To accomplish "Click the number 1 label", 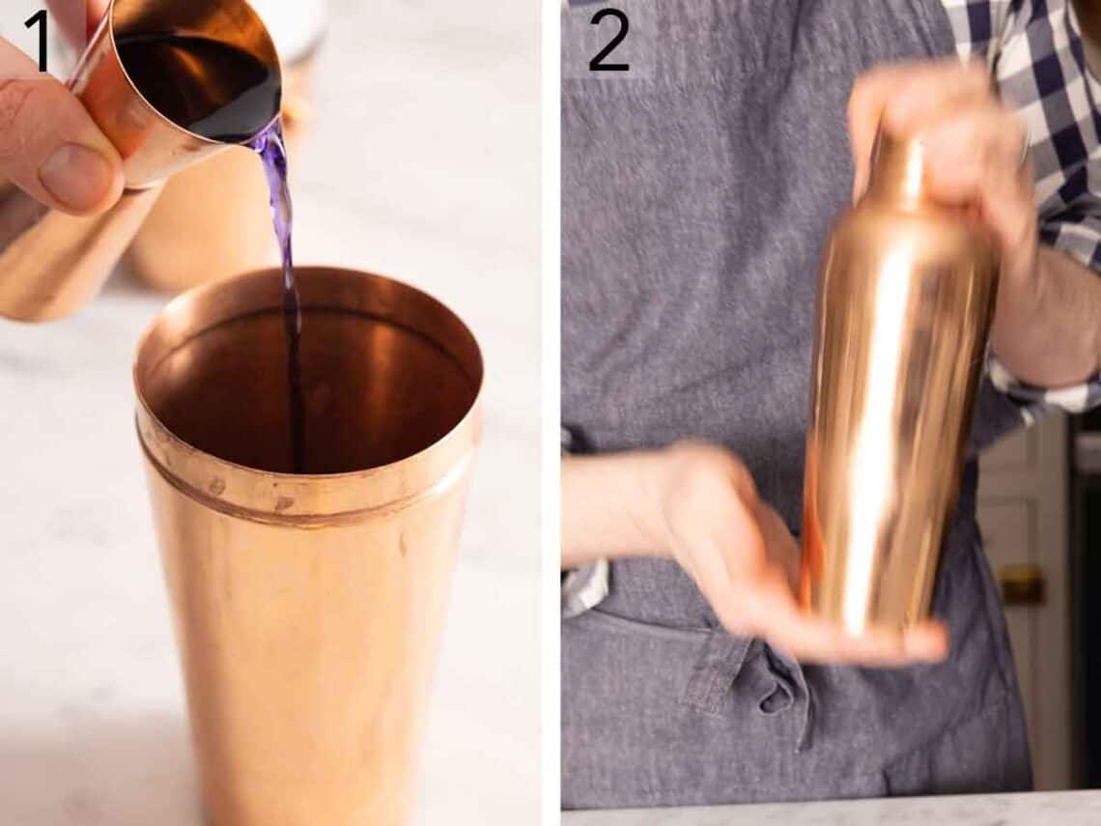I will click(x=36, y=41).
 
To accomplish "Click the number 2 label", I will click(x=608, y=41).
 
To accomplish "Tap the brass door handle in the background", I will click(x=1021, y=584).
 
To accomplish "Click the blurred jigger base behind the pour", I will click(x=203, y=242).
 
